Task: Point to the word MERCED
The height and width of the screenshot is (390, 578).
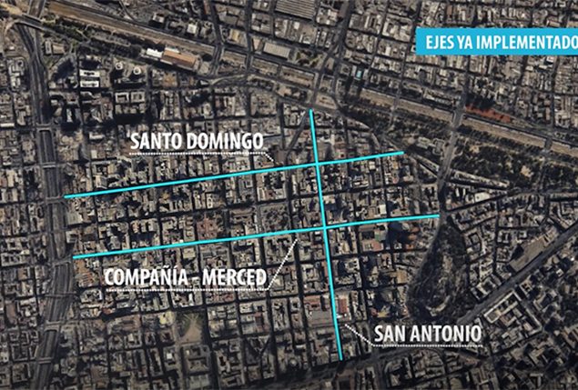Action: pos(235,275)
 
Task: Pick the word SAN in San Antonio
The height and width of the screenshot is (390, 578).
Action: pos(390,334)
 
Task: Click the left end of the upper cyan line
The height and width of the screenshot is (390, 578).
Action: pos(65,196)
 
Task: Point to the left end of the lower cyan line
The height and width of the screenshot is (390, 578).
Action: pos(74,256)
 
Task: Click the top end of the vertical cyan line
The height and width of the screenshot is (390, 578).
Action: pos(311,111)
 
